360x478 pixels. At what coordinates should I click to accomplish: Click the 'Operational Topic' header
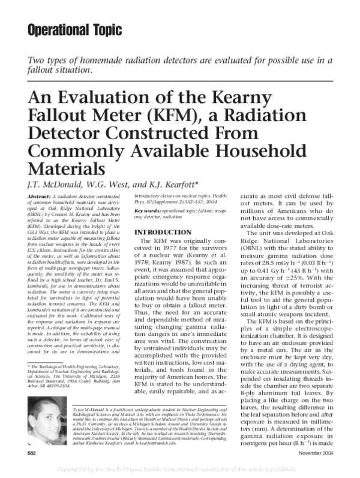(75, 29)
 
